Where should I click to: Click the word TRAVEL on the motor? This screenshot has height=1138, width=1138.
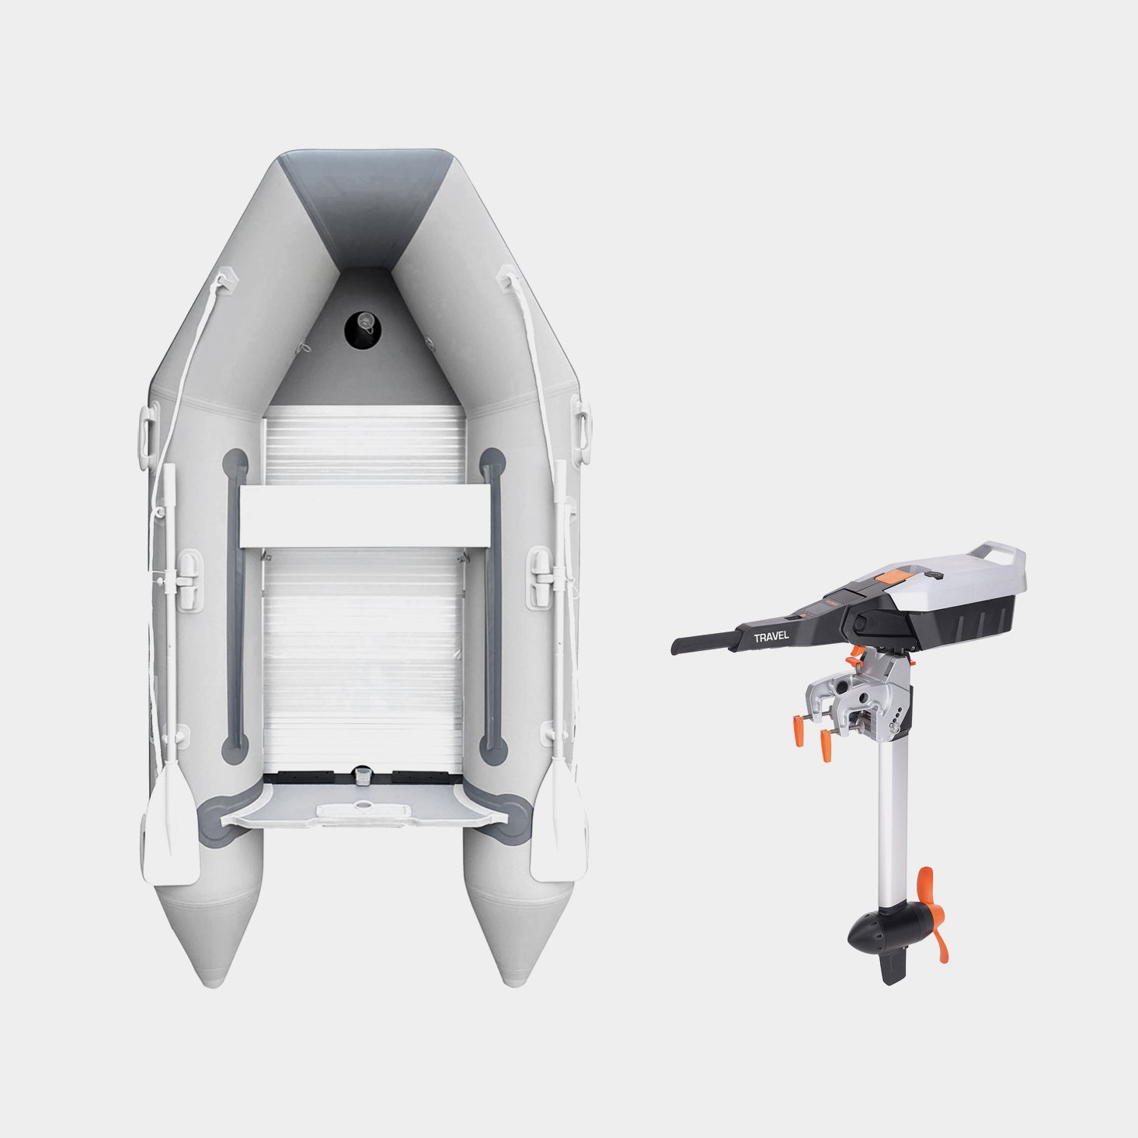tap(771, 637)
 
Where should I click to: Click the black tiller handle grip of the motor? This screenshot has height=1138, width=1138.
tap(704, 642)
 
